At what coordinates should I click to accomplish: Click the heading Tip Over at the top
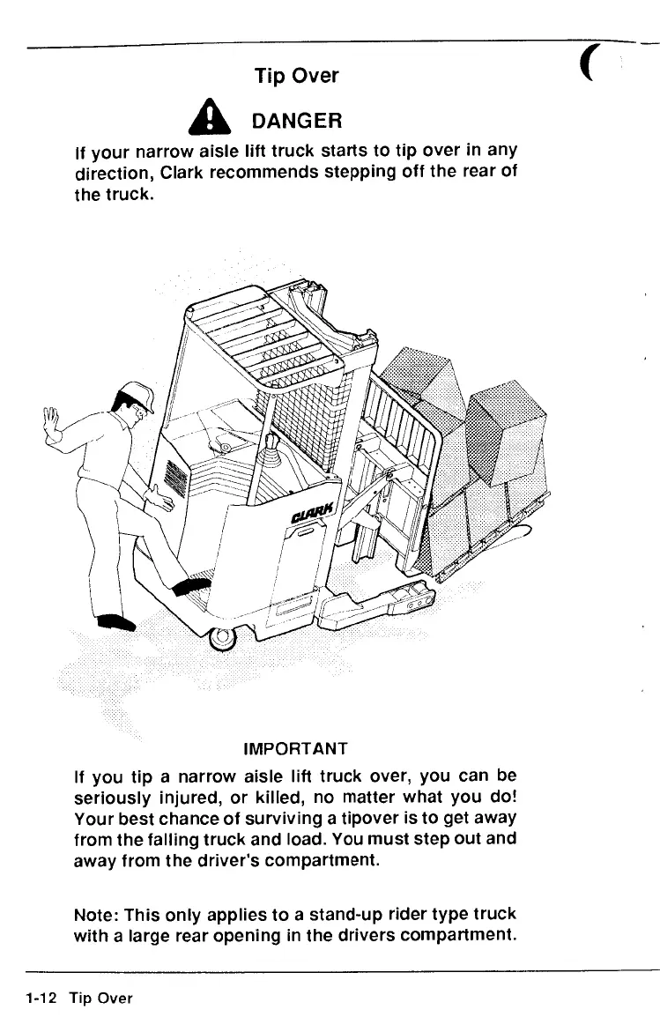pyautogui.click(x=296, y=76)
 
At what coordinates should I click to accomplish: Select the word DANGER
pyautogui.click(x=296, y=119)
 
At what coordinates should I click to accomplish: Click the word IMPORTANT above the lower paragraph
pyautogui.click(x=295, y=749)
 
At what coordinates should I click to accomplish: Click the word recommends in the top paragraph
pyautogui.click(x=271, y=174)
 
